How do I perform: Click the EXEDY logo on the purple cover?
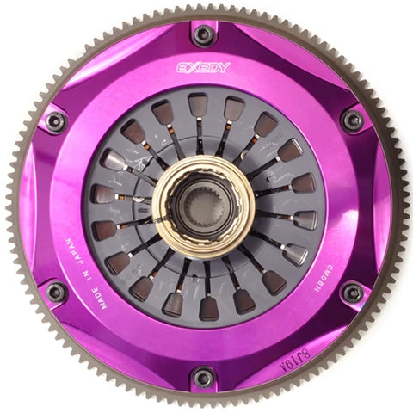(203, 67)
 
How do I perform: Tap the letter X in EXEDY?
(192, 67)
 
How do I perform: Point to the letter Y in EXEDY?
(225, 67)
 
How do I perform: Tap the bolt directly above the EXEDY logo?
(204, 34)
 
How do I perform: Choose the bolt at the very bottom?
(204, 377)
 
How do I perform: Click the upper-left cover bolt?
(56, 121)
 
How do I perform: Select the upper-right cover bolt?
(352, 120)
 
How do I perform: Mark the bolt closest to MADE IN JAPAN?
(56, 293)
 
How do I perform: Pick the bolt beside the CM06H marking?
(352, 293)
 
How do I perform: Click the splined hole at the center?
(203, 206)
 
